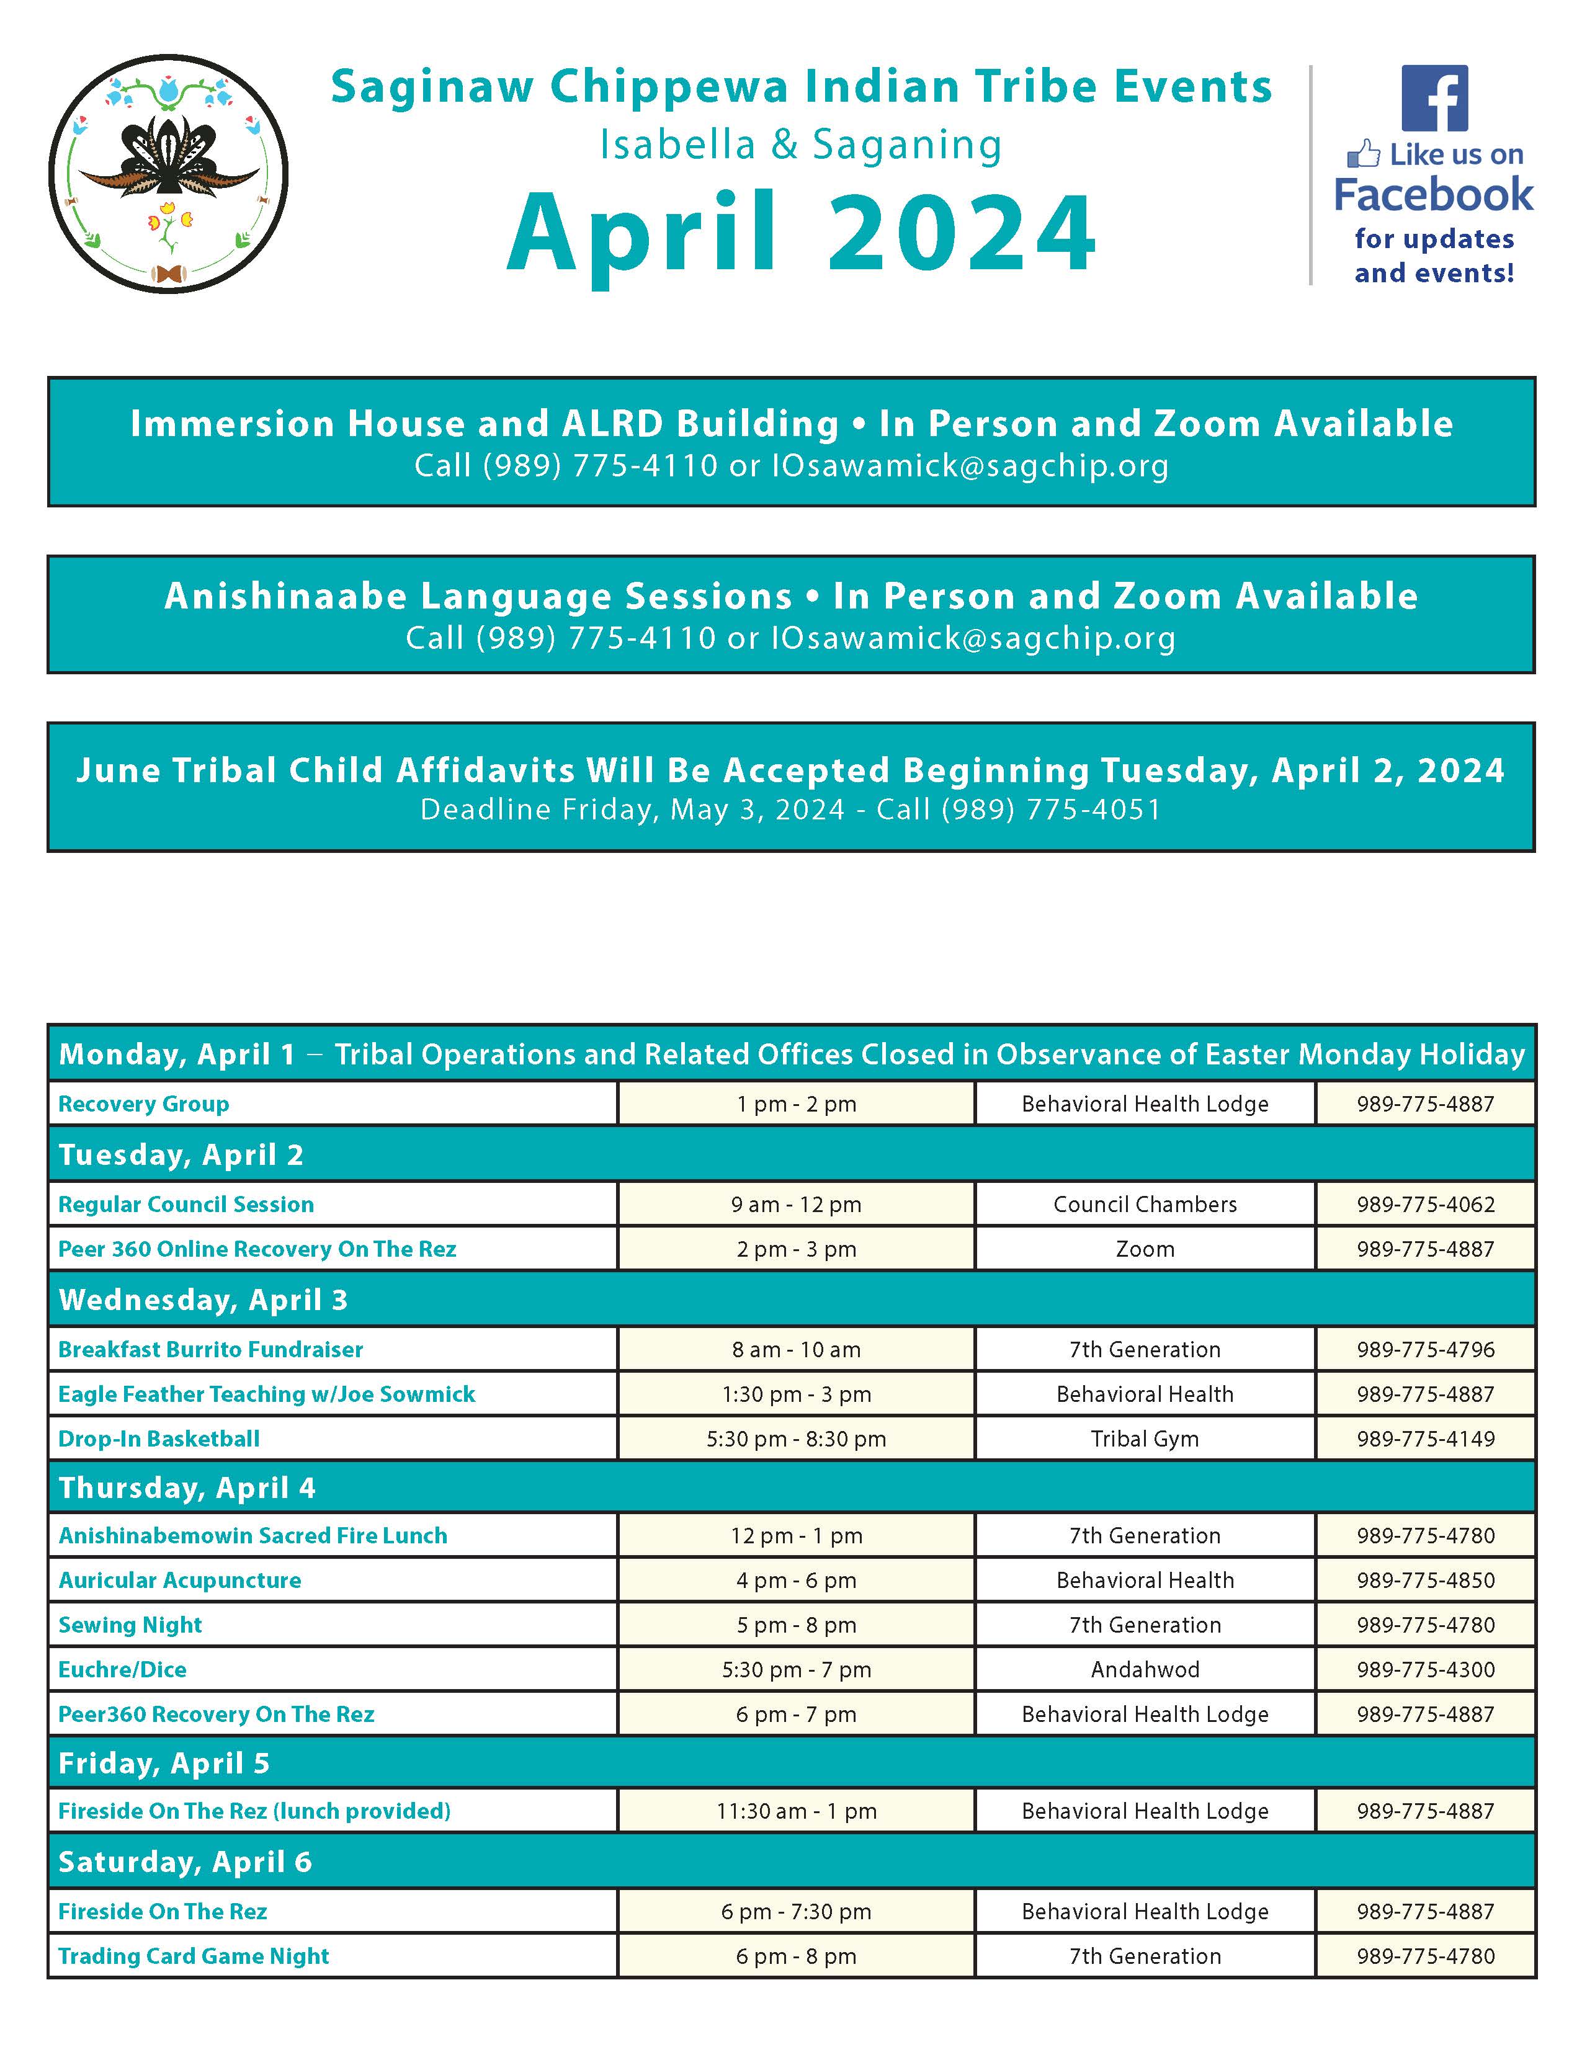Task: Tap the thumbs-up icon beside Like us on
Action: pyautogui.click(x=1364, y=154)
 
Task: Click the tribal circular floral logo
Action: pyautogui.click(x=169, y=174)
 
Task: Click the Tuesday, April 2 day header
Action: pyautogui.click(x=181, y=1155)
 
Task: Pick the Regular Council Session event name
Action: pyautogui.click(x=185, y=1205)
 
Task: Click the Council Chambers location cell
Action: pyautogui.click(x=1145, y=1205)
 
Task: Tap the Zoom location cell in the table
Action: pyautogui.click(x=1145, y=1249)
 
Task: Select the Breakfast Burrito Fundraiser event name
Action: pyautogui.click(x=210, y=1350)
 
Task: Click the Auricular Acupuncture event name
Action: pyautogui.click(x=180, y=1581)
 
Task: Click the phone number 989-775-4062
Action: pyautogui.click(x=1426, y=1205)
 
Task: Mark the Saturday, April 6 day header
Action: pyautogui.click(x=185, y=1862)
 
